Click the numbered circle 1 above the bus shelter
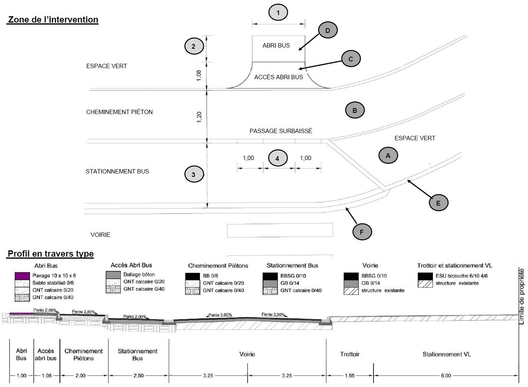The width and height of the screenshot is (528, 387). (278, 13)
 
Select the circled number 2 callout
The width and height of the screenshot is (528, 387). (193, 46)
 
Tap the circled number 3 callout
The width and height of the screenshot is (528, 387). (193, 174)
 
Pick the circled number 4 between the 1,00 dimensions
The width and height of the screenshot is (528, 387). (277, 158)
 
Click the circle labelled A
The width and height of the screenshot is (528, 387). (388, 156)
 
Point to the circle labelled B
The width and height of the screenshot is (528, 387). (355, 111)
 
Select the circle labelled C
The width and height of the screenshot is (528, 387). (351, 59)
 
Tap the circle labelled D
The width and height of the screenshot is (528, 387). (328, 31)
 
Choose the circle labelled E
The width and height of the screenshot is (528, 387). (438, 203)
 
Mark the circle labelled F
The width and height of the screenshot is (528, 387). (362, 232)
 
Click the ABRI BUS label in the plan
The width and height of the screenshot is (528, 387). (276, 46)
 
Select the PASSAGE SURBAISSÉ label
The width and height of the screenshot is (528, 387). (280, 131)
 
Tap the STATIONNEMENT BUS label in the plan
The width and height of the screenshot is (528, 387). (117, 172)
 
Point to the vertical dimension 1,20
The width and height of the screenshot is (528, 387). (199, 117)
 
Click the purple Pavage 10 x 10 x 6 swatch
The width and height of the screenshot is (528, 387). (22, 275)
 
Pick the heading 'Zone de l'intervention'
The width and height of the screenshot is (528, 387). (53, 20)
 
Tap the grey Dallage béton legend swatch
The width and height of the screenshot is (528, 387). (113, 275)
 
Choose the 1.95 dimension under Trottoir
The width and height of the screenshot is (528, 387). (349, 376)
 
